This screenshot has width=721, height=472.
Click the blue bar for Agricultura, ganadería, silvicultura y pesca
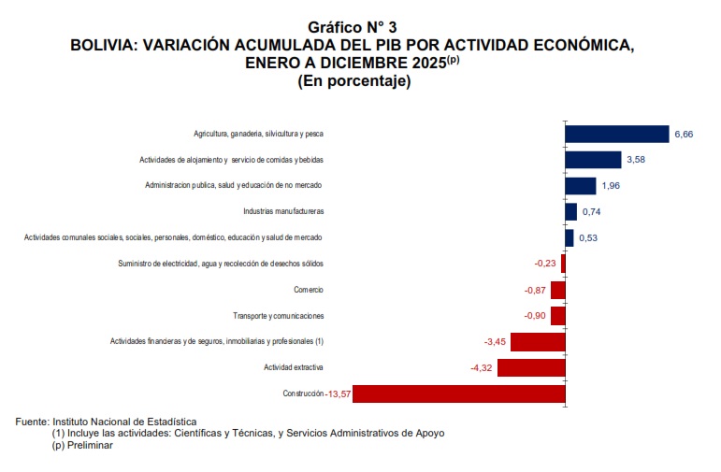click(x=617, y=134)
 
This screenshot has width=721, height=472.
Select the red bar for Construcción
click(x=458, y=393)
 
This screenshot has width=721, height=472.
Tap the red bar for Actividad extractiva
click(x=531, y=367)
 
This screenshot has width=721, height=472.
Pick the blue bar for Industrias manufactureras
click(x=570, y=211)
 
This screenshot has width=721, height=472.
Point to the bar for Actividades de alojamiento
click(x=593, y=160)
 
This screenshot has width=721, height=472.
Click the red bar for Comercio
click(x=558, y=290)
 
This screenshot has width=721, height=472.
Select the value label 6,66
click(x=684, y=135)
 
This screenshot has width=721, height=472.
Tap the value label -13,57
click(x=338, y=394)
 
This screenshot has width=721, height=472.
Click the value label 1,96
click(x=610, y=186)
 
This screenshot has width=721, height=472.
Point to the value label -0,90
click(x=536, y=316)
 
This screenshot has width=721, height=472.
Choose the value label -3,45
click(x=495, y=342)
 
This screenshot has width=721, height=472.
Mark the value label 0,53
click(x=589, y=238)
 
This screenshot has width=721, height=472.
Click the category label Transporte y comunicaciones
click(x=279, y=316)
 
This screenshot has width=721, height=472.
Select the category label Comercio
click(x=309, y=290)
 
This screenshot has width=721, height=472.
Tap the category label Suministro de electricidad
click(x=221, y=264)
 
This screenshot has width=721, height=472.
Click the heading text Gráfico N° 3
click(x=359, y=27)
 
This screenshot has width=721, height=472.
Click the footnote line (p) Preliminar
click(x=82, y=445)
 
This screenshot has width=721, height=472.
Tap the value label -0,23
click(x=544, y=264)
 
